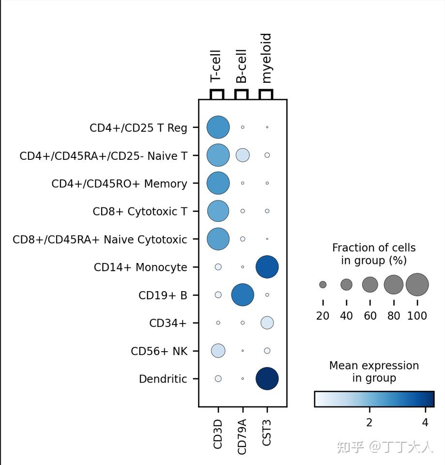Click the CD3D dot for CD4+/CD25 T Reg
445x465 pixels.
(x=218, y=127)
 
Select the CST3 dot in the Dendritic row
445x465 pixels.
(x=267, y=378)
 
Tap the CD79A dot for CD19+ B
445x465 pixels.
(x=243, y=295)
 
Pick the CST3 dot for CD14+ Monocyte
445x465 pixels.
(x=267, y=267)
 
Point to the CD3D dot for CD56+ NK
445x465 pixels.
(x=218, y=351)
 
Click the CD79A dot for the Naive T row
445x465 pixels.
(x=243, y=155)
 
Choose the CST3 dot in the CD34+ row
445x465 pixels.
(x=267, y=323)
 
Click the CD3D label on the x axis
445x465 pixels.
(x=217, y=434)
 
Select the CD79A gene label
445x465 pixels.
(x=242, y=436)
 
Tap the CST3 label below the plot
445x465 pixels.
(x=266, y=433)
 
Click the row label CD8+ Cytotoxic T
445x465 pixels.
(x=140, y=212)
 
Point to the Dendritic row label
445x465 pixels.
(x=163, y=379)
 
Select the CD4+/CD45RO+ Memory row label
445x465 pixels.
(x=120, y=184)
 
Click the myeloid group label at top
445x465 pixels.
(x=266, y=58)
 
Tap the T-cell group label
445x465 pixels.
(x=215, y=66)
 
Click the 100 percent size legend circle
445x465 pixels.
(x=417, y=285)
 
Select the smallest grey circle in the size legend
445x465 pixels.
(x=323, y=285)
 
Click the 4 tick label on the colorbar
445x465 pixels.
(x=425, y=422)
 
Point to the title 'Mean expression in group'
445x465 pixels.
(x=374, y=372)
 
